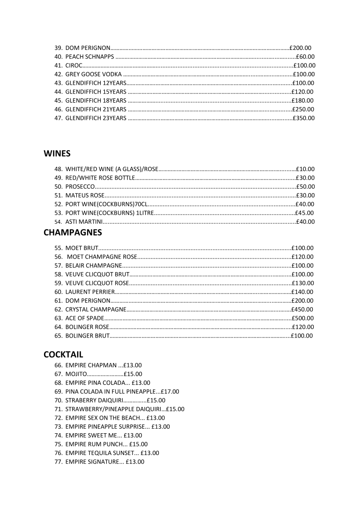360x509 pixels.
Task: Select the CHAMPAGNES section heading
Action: (x=73, y=233)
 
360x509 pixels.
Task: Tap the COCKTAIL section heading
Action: (x=63, y=354)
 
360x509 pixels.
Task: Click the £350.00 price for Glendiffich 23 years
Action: (x=303, y=118)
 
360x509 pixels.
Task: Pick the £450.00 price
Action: (x=302, y=309)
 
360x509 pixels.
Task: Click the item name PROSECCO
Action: (x=80, y=186)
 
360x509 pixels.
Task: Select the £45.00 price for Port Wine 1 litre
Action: (x=304, y=213)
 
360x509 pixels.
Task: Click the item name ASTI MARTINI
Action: (x=84, y=222)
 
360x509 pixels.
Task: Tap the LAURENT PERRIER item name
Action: (x=90, y=292)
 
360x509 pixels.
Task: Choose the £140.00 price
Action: (x=302, y=292)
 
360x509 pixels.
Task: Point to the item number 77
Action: (x=58, y=462)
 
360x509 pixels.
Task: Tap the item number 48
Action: (x=58, y=169)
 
